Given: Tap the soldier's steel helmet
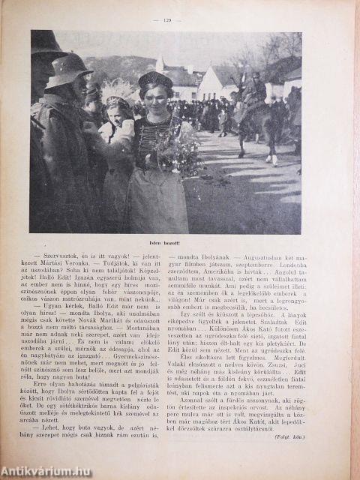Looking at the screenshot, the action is (68, 66).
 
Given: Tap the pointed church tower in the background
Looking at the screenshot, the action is (160, 63).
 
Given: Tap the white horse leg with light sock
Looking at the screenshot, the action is (275, 157).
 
